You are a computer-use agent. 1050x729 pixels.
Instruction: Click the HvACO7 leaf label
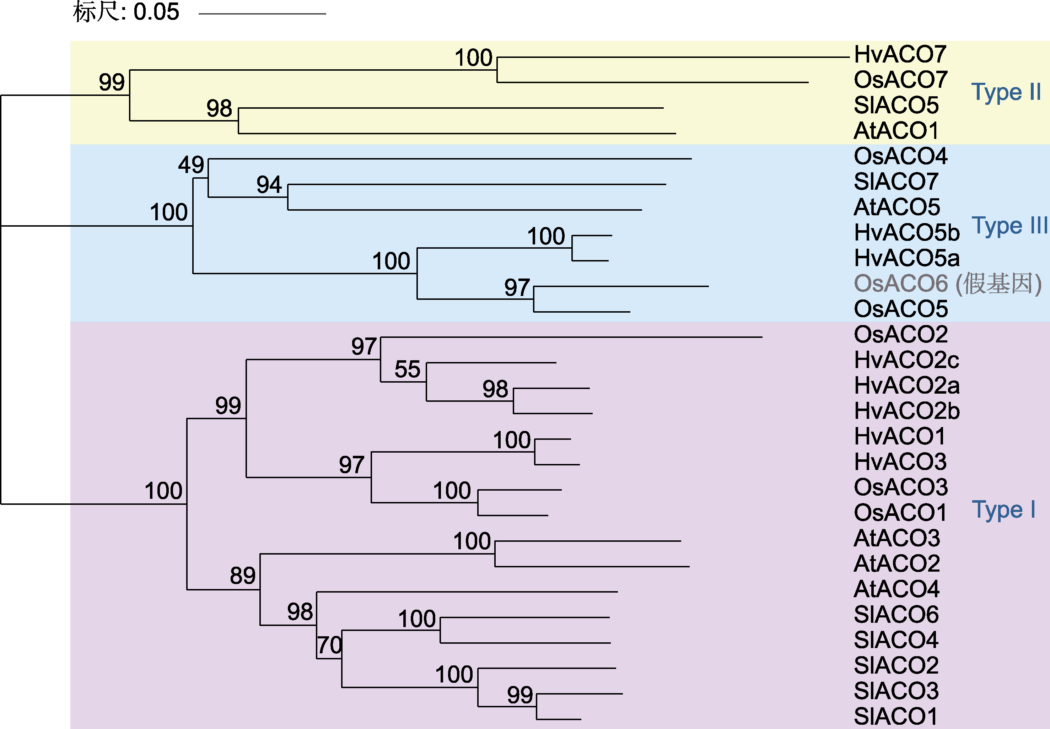click(900, 54)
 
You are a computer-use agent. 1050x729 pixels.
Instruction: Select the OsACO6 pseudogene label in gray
click(948, 283)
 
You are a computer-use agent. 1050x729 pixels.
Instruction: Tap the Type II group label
click(1006, 92)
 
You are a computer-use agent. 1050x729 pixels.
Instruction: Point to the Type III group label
click(1010, 226)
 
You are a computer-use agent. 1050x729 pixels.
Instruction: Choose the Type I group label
click(1003, 510)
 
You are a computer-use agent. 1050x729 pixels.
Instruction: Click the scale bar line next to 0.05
click(262, 14)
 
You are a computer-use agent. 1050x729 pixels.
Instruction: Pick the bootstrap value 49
click(191, 164)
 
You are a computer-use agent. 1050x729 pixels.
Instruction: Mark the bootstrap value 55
click(408, 369)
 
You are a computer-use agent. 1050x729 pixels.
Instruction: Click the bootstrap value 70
click(330, 645)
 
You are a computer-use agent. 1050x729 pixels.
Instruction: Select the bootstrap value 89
click(243, 576)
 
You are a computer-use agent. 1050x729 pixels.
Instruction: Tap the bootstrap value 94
click(269, 184)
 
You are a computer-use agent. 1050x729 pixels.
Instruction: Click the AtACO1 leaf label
click(896, 131)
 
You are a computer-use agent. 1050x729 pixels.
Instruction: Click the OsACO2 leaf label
click(901, 334)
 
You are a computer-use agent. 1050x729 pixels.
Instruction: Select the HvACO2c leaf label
click(906, 360)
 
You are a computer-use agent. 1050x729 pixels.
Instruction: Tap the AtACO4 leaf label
click(896, 589)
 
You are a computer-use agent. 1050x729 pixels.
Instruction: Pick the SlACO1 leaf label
click(896, 716)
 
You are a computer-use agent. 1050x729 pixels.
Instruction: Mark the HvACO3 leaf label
click(900, 462)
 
